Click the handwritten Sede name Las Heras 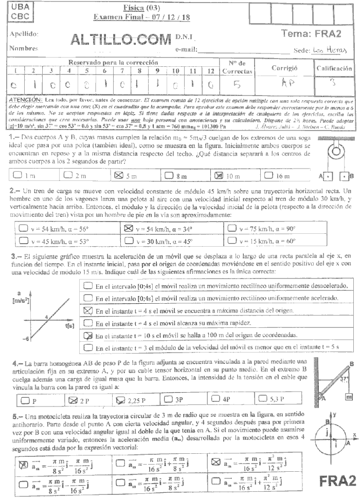pos(330,51)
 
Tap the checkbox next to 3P pos(168,398)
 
